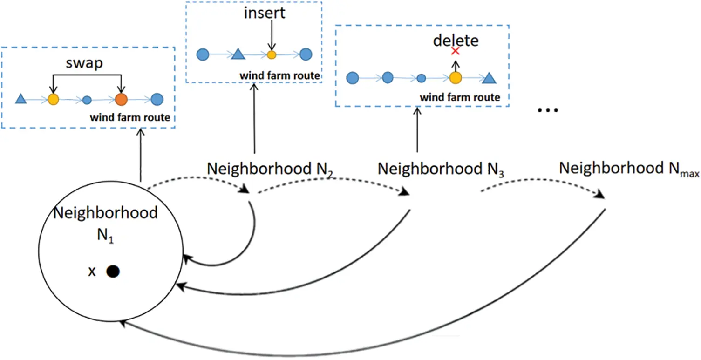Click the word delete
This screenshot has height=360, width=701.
[456, 41]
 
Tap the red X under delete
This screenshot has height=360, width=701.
[456, 51]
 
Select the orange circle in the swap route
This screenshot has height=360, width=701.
[121, 99]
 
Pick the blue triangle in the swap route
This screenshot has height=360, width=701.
[20, 99]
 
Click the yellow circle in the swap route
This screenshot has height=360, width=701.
[54, 99]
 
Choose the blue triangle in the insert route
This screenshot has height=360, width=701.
[238, 54]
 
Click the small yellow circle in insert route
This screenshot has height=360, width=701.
[272, 55]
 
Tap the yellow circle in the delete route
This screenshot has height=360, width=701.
[455, 78]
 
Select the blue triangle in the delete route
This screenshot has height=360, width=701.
[488, 77]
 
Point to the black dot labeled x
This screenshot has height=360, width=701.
[113, 271]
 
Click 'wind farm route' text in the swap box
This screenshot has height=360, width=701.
[130, 118]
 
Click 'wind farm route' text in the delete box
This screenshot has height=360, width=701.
[460, 97]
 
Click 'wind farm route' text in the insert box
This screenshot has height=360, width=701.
[280, 75]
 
